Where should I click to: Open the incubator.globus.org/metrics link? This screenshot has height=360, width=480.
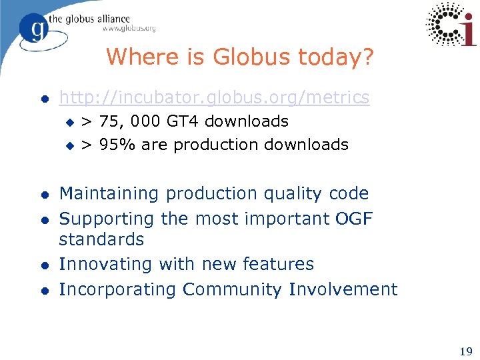(x=214, y=97)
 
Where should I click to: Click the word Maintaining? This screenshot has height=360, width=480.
(x=109, y=194)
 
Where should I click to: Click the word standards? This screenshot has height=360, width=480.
(x=101, y=239)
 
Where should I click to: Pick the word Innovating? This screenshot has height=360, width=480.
(x=106, y=265)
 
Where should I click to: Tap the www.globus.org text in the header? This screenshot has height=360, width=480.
(x=129, y=29)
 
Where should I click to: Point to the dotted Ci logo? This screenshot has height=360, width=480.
(x=451, y=24)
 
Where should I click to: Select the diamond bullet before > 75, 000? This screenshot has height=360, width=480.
(x=68, y=122)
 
